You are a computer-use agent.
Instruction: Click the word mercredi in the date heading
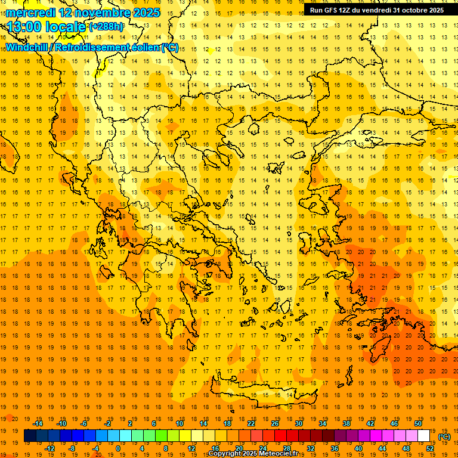click(x=31, y=13)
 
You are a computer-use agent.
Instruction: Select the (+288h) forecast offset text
click(x=107, y=27)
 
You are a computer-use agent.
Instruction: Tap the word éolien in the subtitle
click(x=148, y=47)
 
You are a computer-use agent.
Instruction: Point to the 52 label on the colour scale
click(x=430, y=448)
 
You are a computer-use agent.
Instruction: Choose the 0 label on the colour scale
click(x=118, y=448)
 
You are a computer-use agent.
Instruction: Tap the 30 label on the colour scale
click(x=298, y=423)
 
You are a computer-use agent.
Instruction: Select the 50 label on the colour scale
click(x=418, y=423)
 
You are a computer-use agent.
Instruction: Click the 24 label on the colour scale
click(x=263, y=448)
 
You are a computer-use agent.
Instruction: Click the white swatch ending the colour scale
click(x=423, y=436)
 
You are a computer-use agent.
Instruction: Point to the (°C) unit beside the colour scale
click(x=444, y=437)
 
